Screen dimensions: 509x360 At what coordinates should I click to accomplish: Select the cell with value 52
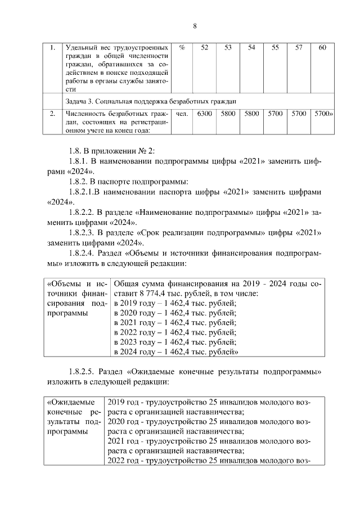pyautogui.click(x=204, y=48)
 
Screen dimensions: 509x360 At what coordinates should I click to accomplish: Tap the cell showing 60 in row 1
pyautogui.click(x=322, y=48)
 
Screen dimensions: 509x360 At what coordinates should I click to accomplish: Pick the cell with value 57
pyautogui.click(x=299, y=48)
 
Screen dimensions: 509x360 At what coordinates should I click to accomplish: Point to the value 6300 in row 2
pyautogui.click(x=204, y=114)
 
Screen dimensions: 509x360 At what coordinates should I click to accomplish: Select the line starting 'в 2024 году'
pyautogui.click(x=176, y=352)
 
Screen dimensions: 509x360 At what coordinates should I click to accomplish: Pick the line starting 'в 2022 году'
pyautogui.click(x=175, y=332)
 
